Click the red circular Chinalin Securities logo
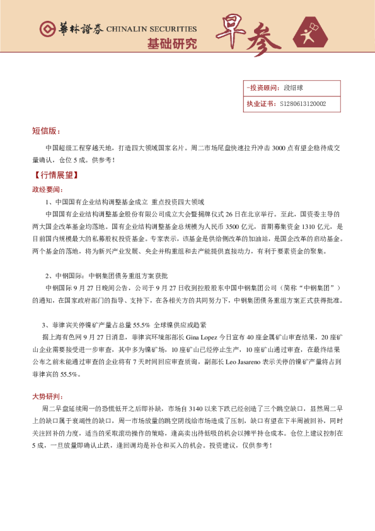pyautogui.click(x=47, y=29)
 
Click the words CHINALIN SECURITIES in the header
pyautogui.click(x=151, y=29)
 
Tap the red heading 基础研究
pyautogui.click(x=171, y=44)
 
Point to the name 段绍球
pyautogui.click(x=293, y=88)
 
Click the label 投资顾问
pyautogui.click(x=260, y=88)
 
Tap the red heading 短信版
pyautogui.click(x=46, y=131)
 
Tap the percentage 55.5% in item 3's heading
pyautogui.click(x=142, y=325)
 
